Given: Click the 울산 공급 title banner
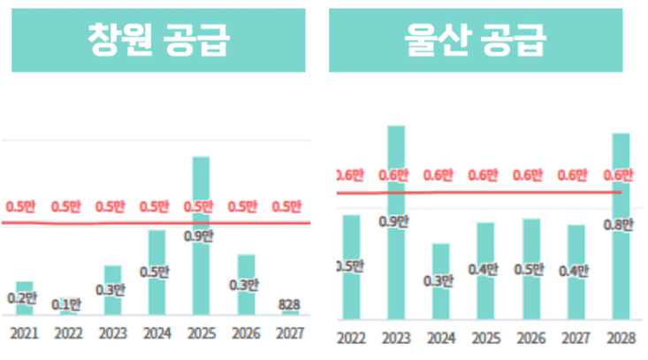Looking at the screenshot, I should point(487,41).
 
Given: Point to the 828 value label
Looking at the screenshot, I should point(289,305).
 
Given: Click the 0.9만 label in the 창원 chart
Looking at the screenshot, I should point(199,236).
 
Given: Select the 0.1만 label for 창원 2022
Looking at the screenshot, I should point(66,305).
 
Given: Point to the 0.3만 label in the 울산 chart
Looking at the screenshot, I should point(439,281).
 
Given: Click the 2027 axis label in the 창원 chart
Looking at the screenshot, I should point(289,333).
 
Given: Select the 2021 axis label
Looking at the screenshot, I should point(24,333).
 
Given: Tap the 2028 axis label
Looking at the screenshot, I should point(621,337).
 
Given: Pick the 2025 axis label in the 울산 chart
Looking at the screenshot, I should point(485,337).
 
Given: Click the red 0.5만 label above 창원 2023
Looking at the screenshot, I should point(111,207).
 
